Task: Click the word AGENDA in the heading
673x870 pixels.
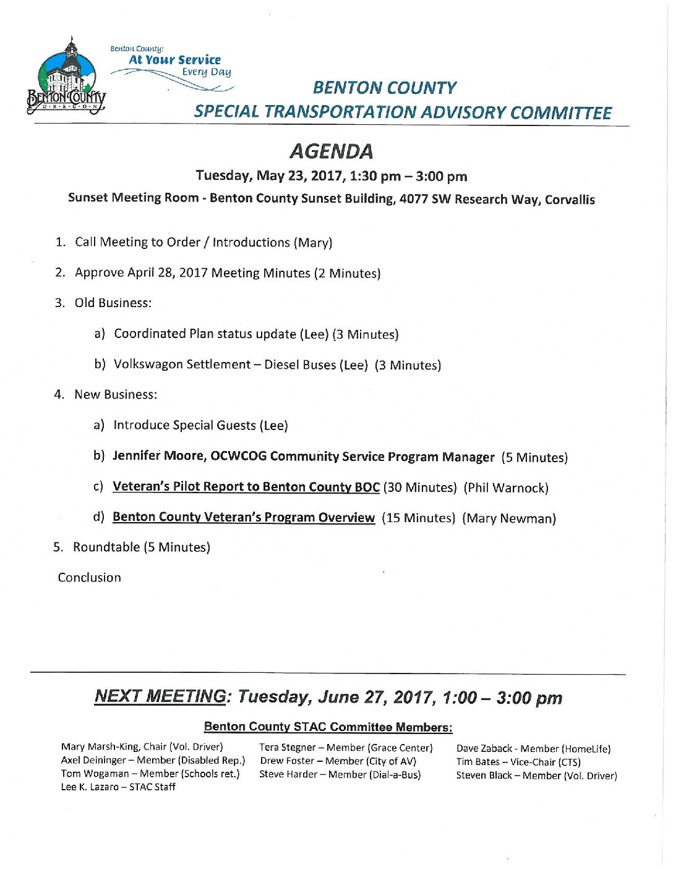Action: coord(332,151)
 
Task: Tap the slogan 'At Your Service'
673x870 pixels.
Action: coord(174,60)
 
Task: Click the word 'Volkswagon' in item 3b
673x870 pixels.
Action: coord(148,365)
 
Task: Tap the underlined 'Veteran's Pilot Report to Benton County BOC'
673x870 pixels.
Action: coord(246,487)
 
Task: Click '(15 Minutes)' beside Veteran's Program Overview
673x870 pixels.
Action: coord(418,518)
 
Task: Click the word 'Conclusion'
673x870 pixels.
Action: coord(90,578)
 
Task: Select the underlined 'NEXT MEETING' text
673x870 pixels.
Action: coord(160,696)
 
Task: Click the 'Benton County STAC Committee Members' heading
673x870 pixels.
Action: coord(328,727)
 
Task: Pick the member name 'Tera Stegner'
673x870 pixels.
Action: coord(287,748)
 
